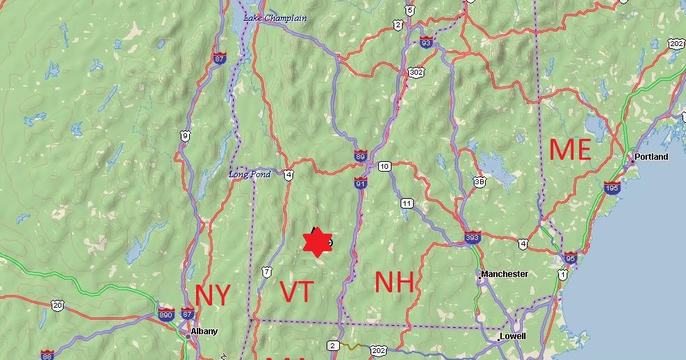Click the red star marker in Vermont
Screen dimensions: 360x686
(x=318, y=242)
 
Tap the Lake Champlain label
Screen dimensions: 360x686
(x=275, y=17)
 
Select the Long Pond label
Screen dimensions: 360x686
(x=249, y=174)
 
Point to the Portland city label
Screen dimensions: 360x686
(x=650, y=156)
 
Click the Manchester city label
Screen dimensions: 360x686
(x=505, y=274)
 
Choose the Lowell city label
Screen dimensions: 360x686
(x=513, y=336)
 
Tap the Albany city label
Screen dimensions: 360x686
(x=204, y=331)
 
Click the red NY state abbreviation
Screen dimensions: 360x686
(x=212, y=295)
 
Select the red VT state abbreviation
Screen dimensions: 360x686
(x=295, y=292)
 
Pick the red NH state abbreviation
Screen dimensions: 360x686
(x=394, y=282)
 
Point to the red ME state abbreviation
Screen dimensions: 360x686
(x=570, y=150)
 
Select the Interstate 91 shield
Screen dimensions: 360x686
(x=360, y=183)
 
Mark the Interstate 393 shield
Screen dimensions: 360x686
(x=472, y=239)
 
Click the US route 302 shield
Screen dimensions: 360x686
(x=417, y=72)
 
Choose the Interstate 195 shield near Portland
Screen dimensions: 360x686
(x=612, y=188)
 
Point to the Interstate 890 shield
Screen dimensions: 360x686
(x=166, y=314)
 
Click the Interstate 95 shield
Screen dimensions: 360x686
(x=571, y=257)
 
